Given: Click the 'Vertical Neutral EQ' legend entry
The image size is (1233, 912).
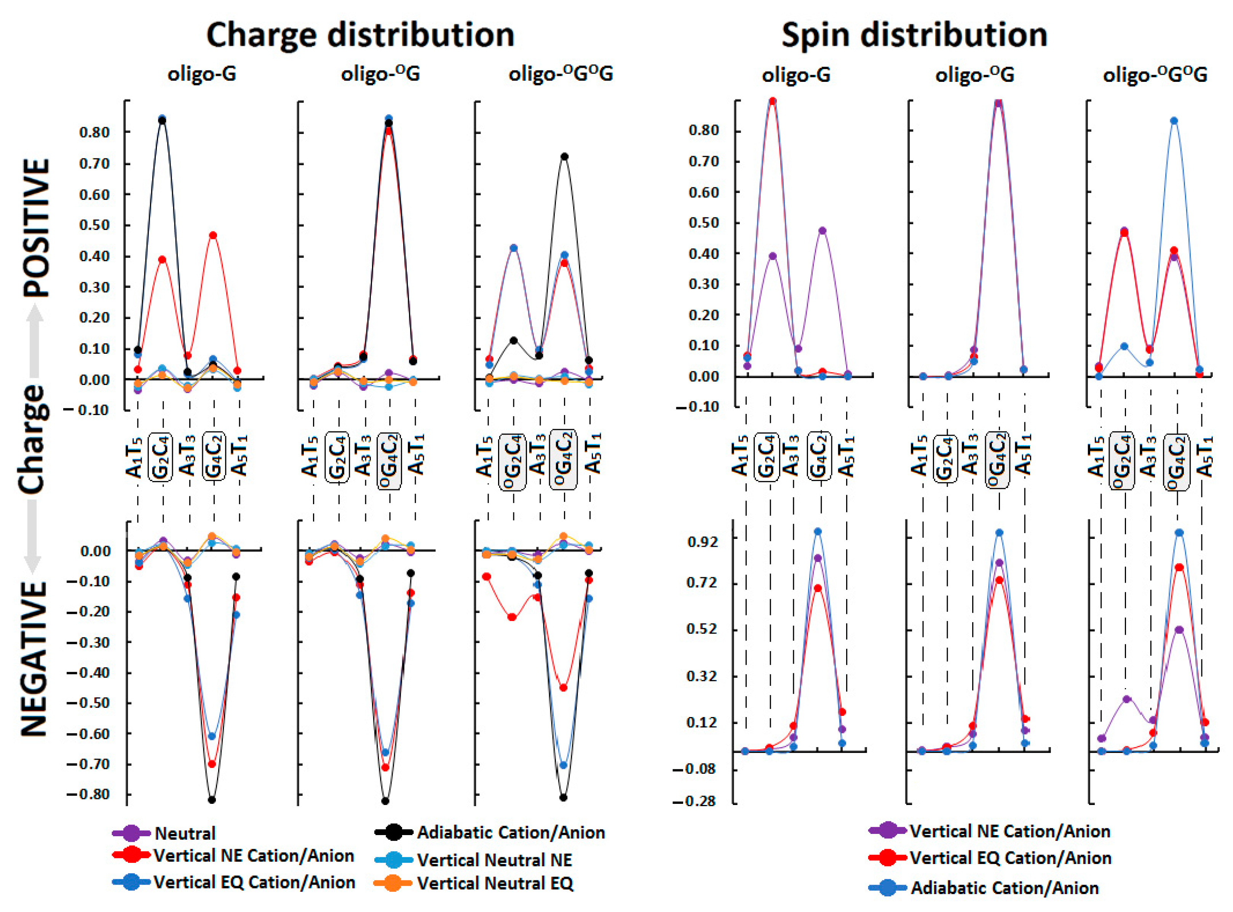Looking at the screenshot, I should pos(495,883).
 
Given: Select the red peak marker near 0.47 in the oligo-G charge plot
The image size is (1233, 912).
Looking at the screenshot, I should pos(213,236).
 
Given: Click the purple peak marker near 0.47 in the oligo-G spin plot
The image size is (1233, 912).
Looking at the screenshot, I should pos(823,231).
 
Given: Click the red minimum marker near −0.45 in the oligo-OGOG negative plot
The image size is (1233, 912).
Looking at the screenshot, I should pos(563,688).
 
